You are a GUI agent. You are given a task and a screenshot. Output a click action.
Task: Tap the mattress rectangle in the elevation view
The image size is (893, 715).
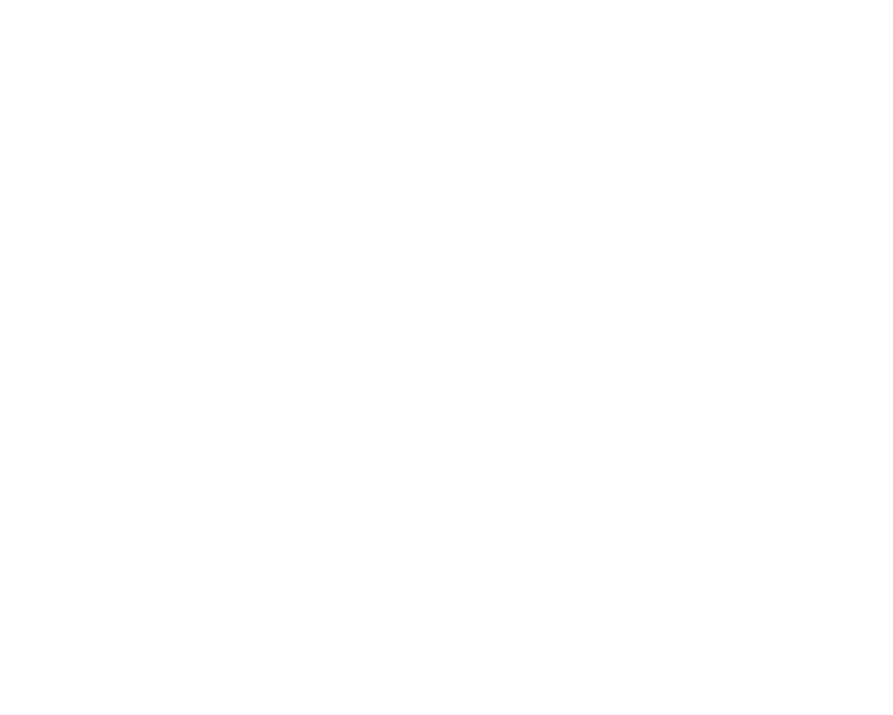(x=257, y=126)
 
